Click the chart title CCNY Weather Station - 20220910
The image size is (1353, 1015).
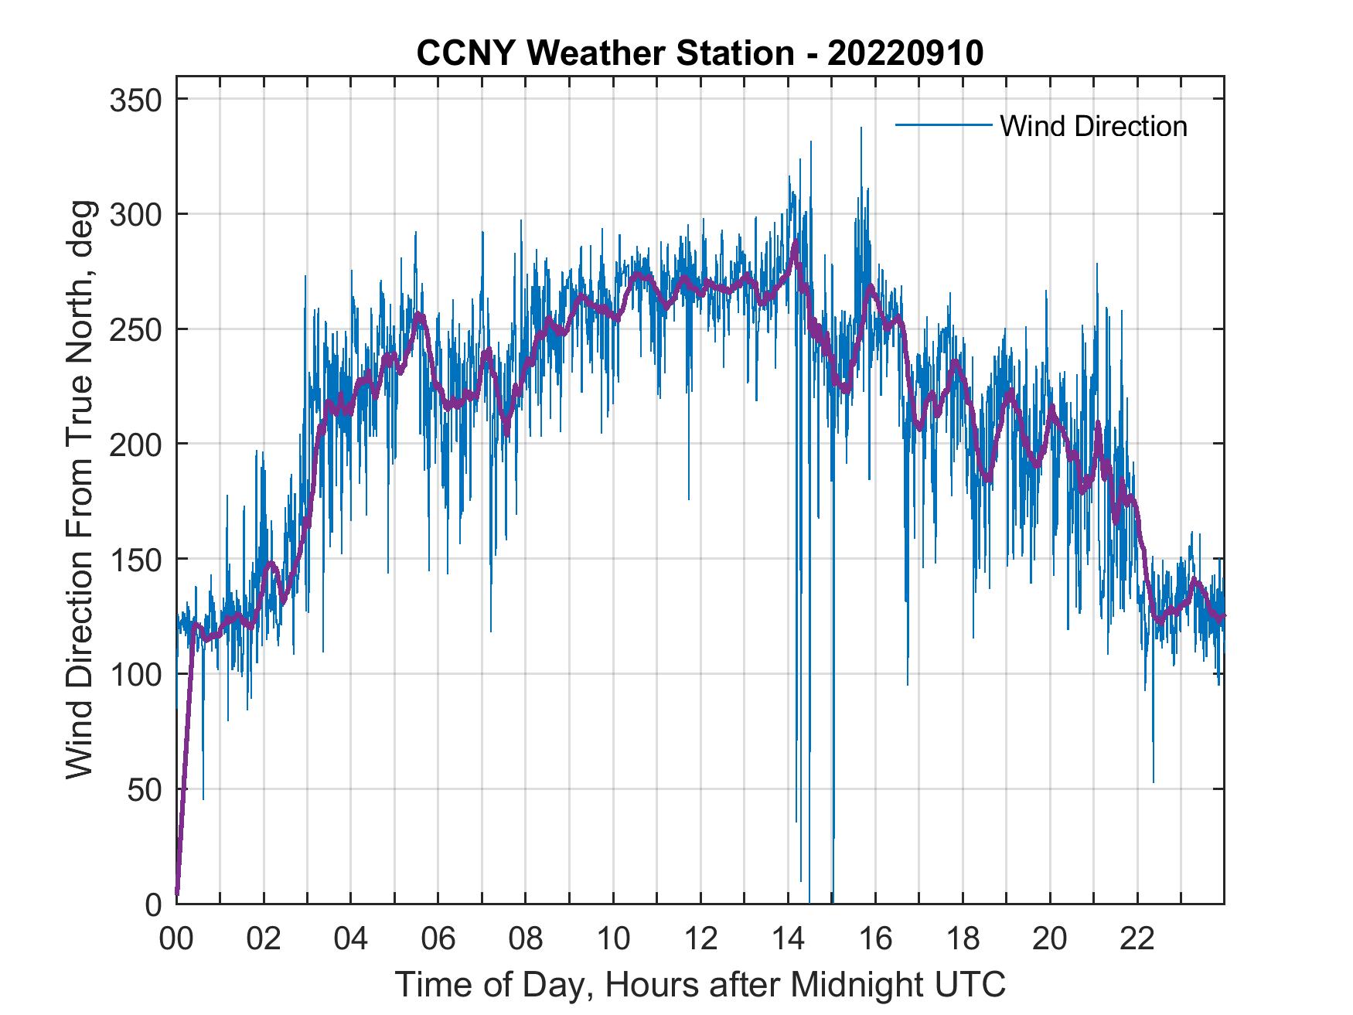(x=700, y=53)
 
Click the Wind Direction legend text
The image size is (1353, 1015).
(x=1093, y=126)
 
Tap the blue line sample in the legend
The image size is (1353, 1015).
(x=943, y=125)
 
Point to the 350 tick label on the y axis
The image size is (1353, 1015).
(x=135, y=100)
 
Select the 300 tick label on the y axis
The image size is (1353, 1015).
(x=135, y=214)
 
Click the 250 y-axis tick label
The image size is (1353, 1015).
(x=135, y=329)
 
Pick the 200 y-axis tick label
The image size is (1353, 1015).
(x=135, y=444)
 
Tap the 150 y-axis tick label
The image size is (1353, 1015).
(x=135, y=559)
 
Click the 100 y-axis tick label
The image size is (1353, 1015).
(x=135, y=674)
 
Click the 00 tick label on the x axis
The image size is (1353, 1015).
(x=176, y=939)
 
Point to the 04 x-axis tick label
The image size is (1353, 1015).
(x=351, y=939)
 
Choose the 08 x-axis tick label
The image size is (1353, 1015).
(x=526, y=939)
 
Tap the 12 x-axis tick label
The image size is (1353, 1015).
(x=700, y=939)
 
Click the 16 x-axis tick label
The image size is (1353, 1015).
(x=875, y=939)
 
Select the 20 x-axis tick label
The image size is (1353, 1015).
(x=1050, y=939)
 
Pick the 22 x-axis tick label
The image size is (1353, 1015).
(x=1137, y=939)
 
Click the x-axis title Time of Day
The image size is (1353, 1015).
(x=700, y=984)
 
